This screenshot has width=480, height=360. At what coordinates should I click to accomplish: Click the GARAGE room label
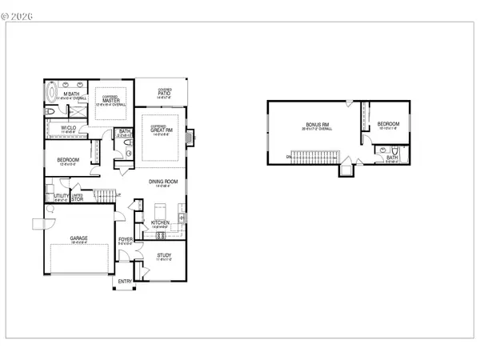click(78, 238)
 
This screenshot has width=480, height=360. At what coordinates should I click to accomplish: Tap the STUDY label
click(164, 255)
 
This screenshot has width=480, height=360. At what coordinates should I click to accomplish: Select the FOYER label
click(126, 238)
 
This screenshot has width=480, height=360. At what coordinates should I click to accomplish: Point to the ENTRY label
click(126, 281)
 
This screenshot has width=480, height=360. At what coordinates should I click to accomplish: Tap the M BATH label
click(70, 94)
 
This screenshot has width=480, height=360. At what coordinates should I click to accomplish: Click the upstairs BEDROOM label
click(388, 124)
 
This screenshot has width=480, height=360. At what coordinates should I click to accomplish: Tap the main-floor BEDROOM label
click(68, 160)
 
